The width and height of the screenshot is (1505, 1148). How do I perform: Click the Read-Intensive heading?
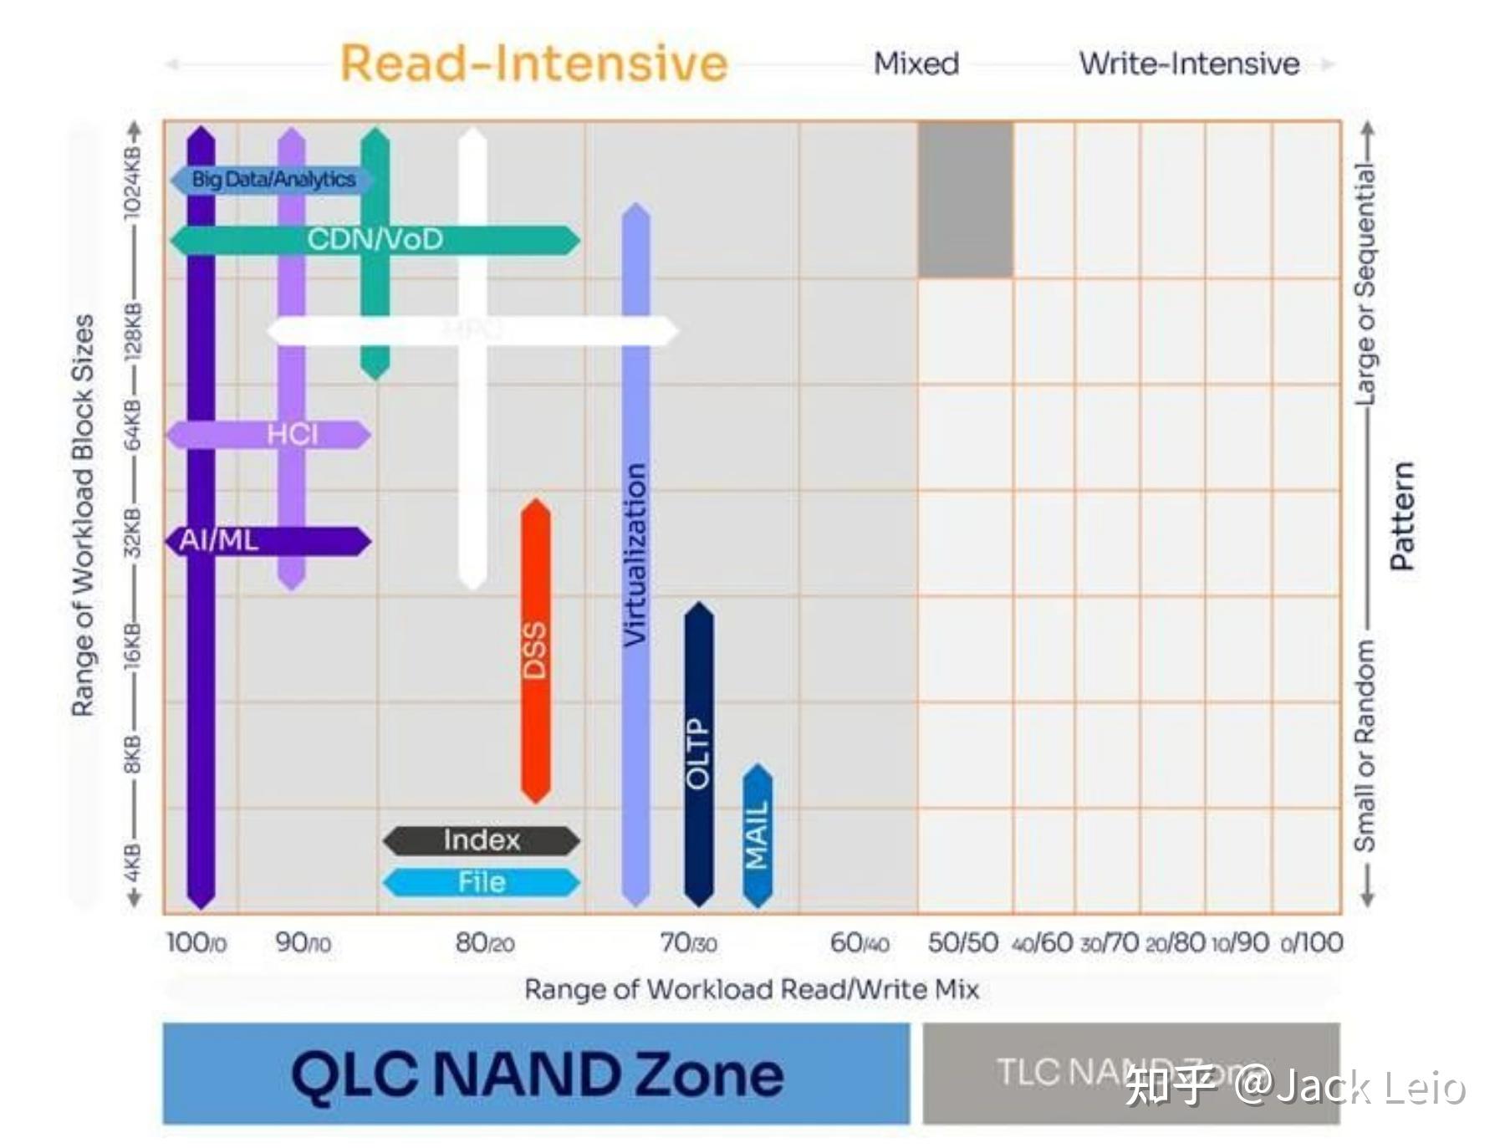coord(533,64)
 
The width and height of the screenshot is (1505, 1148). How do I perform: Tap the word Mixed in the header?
coord(916,64)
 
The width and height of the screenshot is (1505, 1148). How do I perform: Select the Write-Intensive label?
coord(1189,64)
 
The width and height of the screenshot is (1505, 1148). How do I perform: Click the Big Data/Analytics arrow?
coord(273,179)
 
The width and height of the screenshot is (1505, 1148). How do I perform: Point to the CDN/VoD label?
coord(375,240)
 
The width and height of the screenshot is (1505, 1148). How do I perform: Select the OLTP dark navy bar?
coord(699,753)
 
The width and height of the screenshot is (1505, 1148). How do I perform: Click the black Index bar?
coord(482,840)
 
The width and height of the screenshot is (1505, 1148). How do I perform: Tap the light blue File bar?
coord(482,882)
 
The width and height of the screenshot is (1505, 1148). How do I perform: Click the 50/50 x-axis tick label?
coord(962,942)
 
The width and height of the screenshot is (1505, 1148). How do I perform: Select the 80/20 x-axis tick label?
coord(485,943)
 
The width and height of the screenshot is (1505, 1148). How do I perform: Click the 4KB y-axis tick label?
coord(133,863)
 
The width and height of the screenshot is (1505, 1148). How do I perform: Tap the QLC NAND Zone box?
coord(536,1074)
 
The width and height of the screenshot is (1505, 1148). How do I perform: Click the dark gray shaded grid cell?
coord(966,199)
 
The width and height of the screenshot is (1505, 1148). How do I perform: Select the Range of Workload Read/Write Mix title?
coord(752,989)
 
